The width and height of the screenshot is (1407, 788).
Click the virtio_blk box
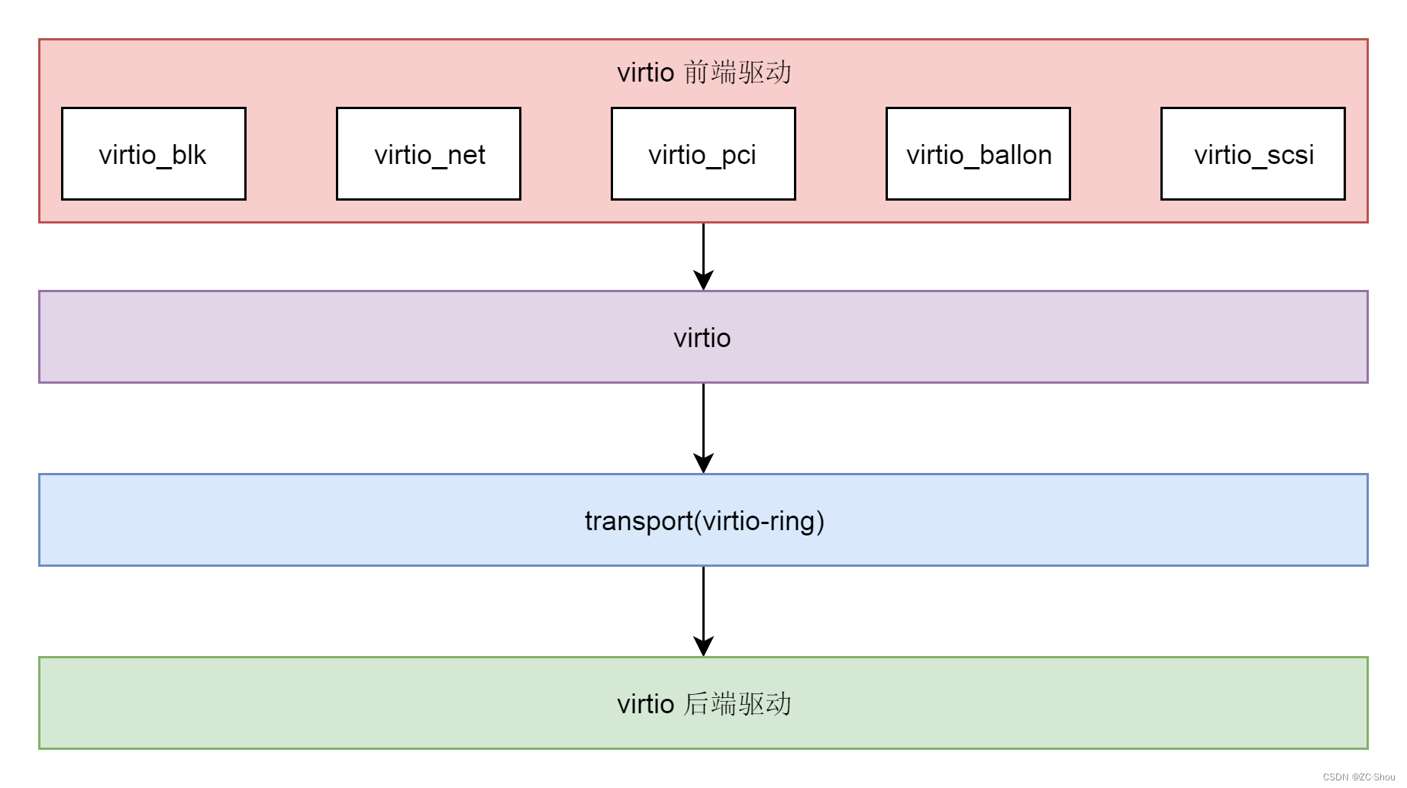click(x=153, y=154)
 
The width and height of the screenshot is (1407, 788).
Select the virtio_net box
click(x=428, y=154)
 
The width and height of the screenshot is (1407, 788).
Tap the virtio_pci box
click(x=703, y=154)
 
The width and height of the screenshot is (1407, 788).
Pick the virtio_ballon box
click(x=978, y=154)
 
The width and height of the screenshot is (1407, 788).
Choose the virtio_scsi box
click(x=1253, y=154)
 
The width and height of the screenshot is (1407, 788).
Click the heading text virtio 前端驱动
click(x=703, y=72)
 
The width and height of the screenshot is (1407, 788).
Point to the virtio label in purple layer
click(x=702, y=338)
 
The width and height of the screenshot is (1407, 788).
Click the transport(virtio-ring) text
click(x=704, y=521)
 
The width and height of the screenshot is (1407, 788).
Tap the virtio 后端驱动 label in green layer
click(x=703, y=703)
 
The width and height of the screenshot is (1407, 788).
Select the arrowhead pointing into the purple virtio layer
click(x=703, y=280)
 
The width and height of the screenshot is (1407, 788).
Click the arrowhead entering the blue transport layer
click(x=703, y=463)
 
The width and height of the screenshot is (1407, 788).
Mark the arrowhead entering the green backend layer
click(x=703, y=646)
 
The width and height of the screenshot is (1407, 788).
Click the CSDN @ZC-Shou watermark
click(x=1358, y=777)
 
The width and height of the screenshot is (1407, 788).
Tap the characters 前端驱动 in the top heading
click(x=737, y=72)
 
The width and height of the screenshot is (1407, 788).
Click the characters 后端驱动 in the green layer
click(x=737, y=703)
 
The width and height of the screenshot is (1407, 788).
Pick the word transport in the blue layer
click(x=638, y=521)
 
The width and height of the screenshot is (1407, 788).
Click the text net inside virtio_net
click(x=466, y=155)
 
